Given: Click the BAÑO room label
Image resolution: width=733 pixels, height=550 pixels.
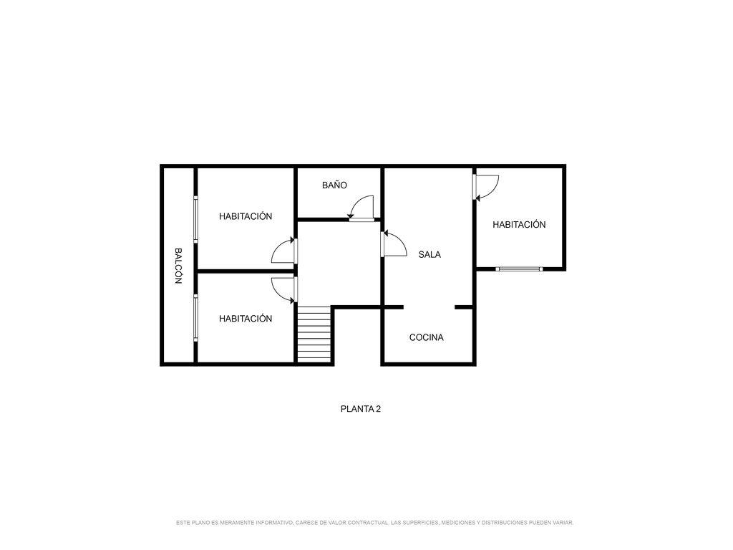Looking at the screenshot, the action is click(334, 185).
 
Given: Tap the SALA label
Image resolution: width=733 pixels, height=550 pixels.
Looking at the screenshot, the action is click(429, 254).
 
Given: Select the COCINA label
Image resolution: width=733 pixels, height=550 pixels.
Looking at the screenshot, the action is click(426, 337).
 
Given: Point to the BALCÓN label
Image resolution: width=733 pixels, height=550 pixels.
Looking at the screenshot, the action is click(178, 266).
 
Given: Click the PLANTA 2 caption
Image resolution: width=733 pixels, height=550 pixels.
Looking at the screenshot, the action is click(361, 409).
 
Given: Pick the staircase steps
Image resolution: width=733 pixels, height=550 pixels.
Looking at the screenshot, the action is click(314, 334).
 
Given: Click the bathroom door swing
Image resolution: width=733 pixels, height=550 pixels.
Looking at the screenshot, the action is click(361, 208).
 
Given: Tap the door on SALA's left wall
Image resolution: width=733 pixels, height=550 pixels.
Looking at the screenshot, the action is click(394, 243).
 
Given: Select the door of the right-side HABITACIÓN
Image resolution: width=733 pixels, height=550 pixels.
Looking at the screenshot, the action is click(486, 187).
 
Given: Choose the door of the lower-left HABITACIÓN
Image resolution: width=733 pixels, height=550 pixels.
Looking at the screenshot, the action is click(284, 290).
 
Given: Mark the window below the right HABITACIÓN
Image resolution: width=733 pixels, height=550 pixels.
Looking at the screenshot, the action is click(519, 269).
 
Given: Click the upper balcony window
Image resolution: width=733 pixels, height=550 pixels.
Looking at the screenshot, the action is click(195, 219).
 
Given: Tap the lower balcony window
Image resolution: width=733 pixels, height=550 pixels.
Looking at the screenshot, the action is click(195, 317).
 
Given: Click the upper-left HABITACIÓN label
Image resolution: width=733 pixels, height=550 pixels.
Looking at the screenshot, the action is click(246, 216).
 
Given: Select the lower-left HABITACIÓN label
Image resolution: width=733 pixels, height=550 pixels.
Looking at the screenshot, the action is click(246, 319).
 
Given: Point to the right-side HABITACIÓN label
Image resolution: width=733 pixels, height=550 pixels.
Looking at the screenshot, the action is click(519, 224).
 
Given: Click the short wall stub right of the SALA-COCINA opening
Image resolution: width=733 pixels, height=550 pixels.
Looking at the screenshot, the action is click(464, 307).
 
